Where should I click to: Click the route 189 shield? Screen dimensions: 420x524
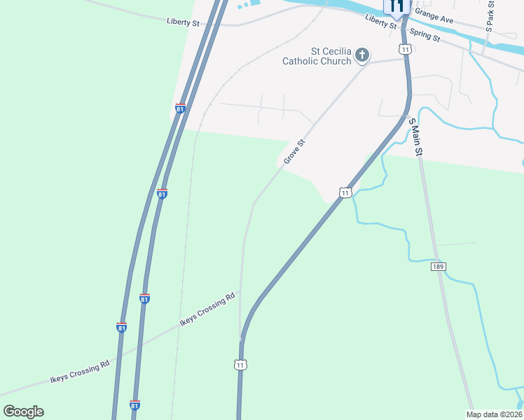(x=439, y=267)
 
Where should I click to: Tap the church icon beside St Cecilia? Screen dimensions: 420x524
(x=362, y=55)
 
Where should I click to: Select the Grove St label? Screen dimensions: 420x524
(x=295, y=151)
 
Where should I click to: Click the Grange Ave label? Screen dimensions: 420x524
(x=434, y=16)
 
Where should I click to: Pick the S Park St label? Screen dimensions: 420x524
(x=490, y=15)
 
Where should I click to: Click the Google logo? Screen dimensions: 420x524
(x=23, y=412)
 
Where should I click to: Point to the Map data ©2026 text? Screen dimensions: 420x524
(x=494, y=414)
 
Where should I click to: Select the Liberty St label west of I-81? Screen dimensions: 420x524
(x=184, y=22)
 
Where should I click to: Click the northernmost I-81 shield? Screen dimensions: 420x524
(x=180, y=108)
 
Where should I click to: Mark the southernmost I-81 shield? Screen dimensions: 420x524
(x=135, y=405)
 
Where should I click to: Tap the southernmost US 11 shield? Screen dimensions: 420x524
(x=240, y=365)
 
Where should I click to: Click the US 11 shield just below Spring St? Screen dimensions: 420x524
(x=405, y=49)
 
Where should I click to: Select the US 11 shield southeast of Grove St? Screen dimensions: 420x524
(x=345, y=192)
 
